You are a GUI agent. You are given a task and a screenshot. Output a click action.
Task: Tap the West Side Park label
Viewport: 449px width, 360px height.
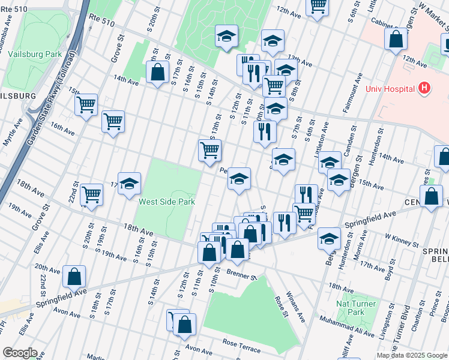click(167, 202)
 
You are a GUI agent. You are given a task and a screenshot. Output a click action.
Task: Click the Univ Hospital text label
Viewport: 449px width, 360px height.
click(391, 89)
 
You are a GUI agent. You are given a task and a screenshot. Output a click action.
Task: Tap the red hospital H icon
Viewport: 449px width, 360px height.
click(425, 89)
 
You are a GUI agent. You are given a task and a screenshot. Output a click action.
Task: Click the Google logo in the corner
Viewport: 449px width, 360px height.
click(20, 353)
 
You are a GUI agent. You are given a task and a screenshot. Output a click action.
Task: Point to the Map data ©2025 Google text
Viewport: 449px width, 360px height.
click(411, 355)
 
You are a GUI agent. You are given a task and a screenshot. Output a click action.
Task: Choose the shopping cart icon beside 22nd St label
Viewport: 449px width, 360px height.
click(91, 194)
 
